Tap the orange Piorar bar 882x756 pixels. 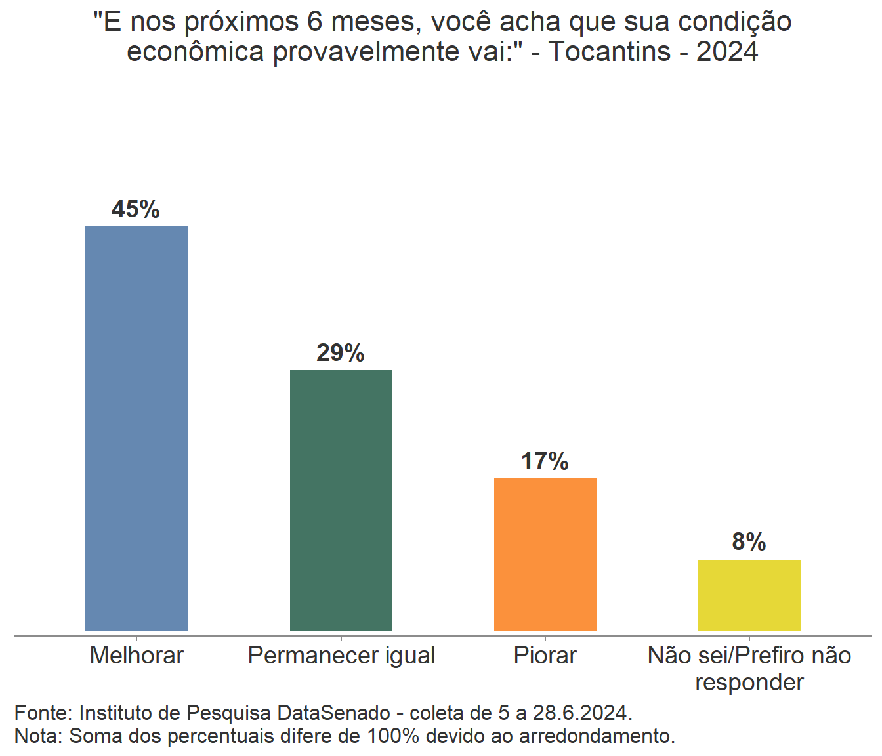[545, 555]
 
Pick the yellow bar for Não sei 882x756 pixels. [749, 595]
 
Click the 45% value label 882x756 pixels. [136, 209]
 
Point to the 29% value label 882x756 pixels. [340, 353]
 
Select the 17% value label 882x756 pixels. [545, 461]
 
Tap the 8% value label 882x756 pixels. [749, 542]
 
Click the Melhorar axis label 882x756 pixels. [136, 655]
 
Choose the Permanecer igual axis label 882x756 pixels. [341, 655]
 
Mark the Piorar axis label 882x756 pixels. [545, 655]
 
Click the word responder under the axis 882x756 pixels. [749, 682]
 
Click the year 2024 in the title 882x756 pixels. [727, 52]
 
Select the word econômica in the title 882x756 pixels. [196, 52]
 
